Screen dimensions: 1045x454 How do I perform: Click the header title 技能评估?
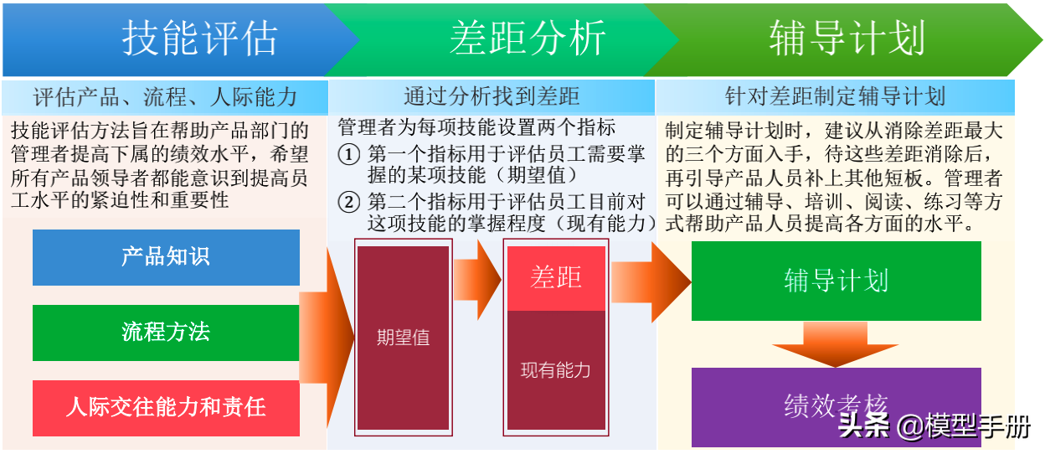199,39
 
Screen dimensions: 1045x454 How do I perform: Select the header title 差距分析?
528,39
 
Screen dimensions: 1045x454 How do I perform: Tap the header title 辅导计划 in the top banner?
847,39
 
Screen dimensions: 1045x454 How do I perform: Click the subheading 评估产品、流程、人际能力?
165,97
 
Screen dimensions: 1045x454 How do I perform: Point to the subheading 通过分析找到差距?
492,96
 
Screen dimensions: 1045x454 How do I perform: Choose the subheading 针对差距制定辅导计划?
835,96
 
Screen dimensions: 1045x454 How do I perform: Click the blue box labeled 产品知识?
166,257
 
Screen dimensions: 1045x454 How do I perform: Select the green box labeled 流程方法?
166,333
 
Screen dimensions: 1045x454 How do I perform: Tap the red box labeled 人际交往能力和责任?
166,408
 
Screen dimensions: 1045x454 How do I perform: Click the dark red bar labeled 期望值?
403,338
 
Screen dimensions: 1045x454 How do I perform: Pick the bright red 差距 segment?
556,279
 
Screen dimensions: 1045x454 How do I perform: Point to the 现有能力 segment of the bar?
556,370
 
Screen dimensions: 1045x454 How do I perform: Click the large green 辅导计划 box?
836,281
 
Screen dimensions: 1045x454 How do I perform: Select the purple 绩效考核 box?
836,407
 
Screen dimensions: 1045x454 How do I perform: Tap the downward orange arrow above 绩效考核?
835,345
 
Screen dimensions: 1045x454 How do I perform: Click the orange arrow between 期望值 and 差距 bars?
477,280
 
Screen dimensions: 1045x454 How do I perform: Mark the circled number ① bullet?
349,155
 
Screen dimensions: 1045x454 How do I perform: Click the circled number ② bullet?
349,203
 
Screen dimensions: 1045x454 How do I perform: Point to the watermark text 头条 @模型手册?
934,426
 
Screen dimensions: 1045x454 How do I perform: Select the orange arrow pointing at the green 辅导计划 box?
651,282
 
